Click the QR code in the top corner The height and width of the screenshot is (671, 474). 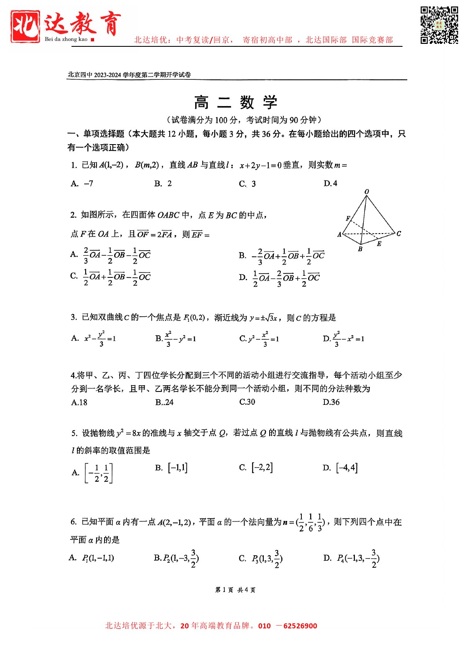(439, 25)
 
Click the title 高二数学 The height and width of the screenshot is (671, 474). (236, 103)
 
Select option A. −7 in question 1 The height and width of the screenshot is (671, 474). (82, 183)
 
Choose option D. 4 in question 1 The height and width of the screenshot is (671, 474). (330, 183)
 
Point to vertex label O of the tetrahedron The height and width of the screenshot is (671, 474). (367, 192)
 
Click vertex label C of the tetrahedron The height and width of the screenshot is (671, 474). (398, 234)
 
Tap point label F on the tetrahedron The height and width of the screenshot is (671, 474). (348, 218)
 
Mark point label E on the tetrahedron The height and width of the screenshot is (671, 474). (379, 244)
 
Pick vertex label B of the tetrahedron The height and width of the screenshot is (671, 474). (360, 249)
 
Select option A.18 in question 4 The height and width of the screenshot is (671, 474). (79, 402)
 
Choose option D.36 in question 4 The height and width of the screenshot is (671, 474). (331, 402)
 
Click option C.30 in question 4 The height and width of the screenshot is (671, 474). (247, 402)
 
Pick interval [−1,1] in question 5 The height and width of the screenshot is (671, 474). (178, 468)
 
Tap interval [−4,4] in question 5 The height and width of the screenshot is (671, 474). (347, 468)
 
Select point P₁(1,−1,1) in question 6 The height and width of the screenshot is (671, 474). (98, 558)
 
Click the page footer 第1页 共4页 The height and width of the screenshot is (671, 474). (235, 590)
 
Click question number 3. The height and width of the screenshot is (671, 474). (74, 318)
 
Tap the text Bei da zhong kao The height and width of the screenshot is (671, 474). (66, 39)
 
